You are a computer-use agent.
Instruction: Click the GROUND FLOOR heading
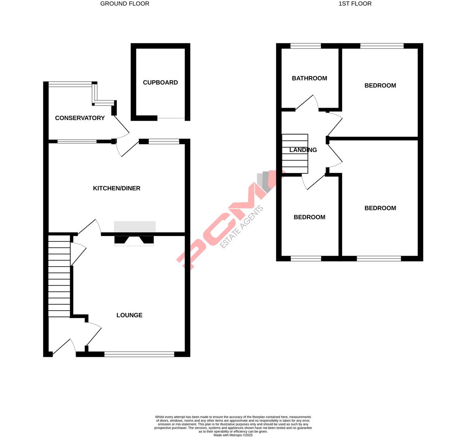tap(125, 4)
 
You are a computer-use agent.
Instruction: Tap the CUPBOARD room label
tap(160, 83)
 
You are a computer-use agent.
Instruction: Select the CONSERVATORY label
tap(80, 118)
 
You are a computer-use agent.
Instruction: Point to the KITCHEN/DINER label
tap(116, 189)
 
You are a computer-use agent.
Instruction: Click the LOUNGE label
tap(129, 315)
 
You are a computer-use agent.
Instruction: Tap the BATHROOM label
tap(309, 78)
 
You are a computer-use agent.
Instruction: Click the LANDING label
tap(303, 150)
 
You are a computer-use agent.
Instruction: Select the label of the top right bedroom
tap(380, 85)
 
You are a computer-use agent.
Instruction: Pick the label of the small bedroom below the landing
tap(309, 217)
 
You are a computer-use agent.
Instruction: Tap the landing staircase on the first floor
tap(295, 153)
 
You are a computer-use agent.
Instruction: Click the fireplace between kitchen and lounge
tap(134, 240)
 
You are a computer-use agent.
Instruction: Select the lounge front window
tap(139, 354)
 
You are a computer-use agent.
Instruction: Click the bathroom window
tap(306, 46)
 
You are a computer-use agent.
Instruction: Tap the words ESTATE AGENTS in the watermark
tap(242, 227)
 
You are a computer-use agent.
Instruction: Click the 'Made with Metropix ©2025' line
tap(233, 435)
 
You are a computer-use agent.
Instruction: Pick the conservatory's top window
tap(70, 85)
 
